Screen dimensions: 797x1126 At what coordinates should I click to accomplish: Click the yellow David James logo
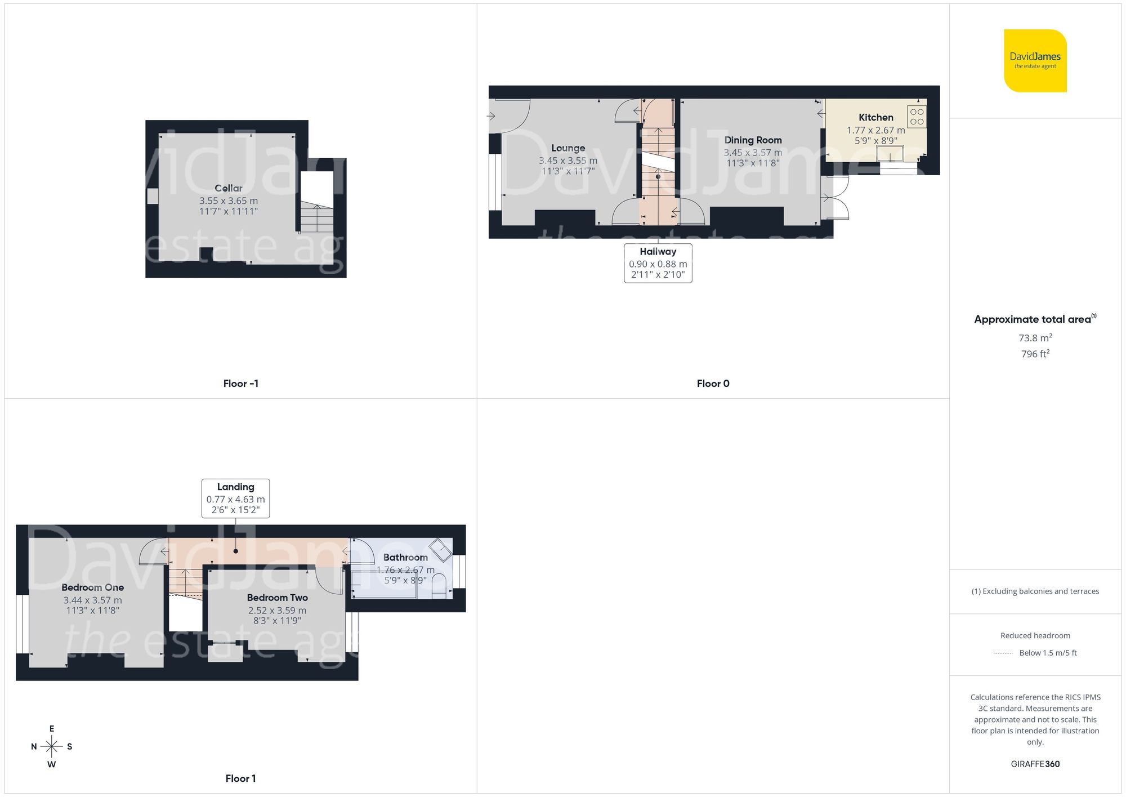pos(1035,61)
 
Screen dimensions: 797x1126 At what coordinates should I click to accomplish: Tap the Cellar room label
pos(228,188)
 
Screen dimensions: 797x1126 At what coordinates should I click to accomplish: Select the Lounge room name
pos(568,148)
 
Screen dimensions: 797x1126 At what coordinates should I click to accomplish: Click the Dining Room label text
pos(752,140)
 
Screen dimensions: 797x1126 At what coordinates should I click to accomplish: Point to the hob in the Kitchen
pos(916,117)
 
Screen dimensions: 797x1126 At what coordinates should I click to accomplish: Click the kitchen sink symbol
pos(890,153)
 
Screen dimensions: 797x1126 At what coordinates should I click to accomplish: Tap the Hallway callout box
pos(658,263)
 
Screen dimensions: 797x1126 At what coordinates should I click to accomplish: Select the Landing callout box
pos(235,498)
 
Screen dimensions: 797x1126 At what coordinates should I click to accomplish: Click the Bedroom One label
pos(92,587)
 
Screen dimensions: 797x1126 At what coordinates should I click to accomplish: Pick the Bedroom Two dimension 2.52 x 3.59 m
pos(277,610)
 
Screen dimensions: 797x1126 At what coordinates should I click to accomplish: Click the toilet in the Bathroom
pos(439,585)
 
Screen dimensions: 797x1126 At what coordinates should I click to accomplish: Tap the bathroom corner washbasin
pos(441,550)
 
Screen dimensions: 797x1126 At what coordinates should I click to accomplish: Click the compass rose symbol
pos(51,747)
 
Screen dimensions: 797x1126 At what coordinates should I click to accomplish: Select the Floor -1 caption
pos(240,384)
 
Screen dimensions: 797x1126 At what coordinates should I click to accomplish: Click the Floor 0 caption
pos(713,384)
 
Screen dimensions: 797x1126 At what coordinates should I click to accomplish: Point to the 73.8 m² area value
pos(1035,338)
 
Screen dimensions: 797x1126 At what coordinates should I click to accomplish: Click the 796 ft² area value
pos(1035,354)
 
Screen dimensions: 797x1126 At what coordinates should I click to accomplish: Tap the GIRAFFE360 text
pos(1035,764)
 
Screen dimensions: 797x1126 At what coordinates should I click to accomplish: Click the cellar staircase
pos(316,217)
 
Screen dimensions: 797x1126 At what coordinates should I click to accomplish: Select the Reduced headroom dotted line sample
pos(1003,653)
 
